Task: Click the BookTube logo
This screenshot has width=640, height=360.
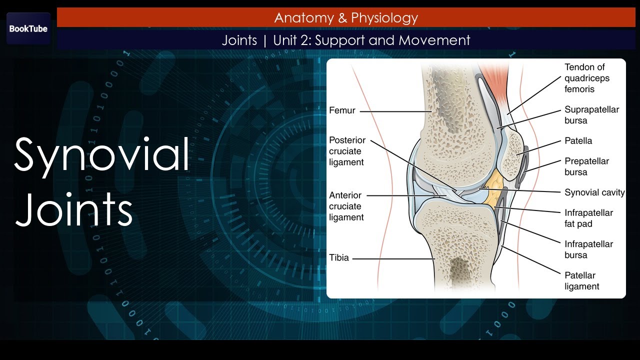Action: click(28, 28)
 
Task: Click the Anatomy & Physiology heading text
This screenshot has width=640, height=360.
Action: click(346, 18)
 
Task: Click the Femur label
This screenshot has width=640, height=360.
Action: click(342, 110)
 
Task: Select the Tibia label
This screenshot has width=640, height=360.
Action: click(339, 258)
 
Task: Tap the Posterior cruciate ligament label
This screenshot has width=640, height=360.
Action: click(347, 151)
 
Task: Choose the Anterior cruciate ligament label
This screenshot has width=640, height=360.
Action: click(346, 206)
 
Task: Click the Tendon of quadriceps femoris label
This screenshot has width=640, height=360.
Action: click(587, 78)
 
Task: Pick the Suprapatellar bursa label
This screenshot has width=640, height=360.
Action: click(591, 115)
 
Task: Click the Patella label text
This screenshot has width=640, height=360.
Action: click(578, 141)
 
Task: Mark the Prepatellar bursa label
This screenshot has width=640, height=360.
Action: click(586, 166)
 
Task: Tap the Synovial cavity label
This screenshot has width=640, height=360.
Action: click(594, 192)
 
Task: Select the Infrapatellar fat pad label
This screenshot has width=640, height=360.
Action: click(588, 218)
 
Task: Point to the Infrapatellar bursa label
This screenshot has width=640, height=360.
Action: click(588, 249)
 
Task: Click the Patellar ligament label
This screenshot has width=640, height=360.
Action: click(581, 280)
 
